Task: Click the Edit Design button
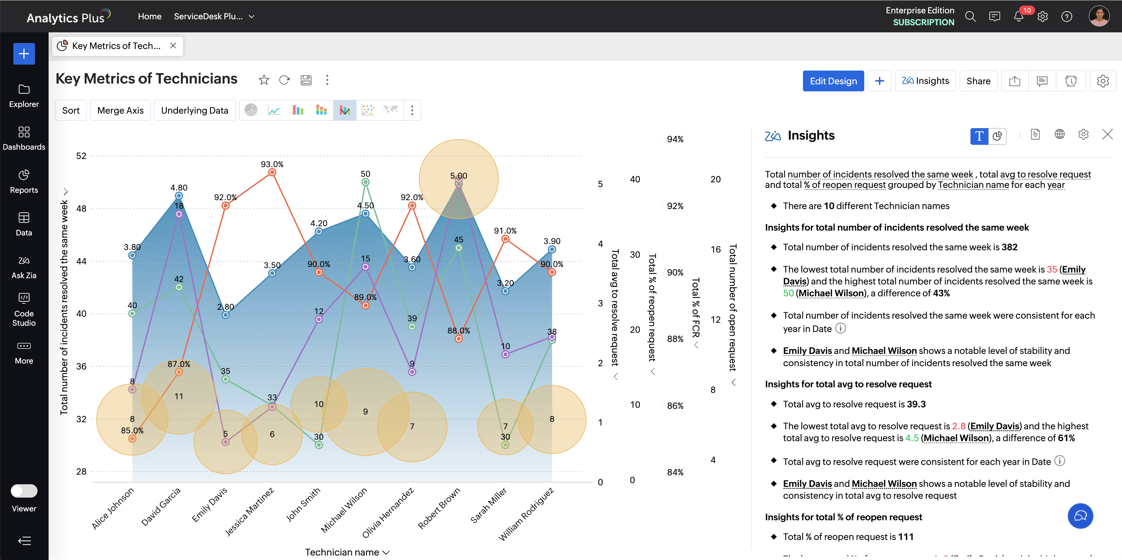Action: point(833,81)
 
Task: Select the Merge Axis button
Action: point(120,110)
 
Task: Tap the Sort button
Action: point(71,110)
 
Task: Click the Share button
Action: point(978,81)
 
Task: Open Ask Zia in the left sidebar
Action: point(24,267)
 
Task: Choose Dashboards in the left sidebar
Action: point(24,138)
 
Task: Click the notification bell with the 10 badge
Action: point(1018,17)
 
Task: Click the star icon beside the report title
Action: point(264,80)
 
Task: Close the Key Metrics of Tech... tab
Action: point(173,46)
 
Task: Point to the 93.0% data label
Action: point(272,164)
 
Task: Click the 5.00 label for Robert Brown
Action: point(458,176)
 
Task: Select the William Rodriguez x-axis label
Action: point(526,514)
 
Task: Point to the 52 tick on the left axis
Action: point(81,156)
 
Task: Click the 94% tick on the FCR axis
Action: point(675,139)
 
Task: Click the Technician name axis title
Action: point(342,552)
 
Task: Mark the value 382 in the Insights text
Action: point(1009,247)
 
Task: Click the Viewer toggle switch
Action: point(24,491)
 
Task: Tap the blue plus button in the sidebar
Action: point(24,54)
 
